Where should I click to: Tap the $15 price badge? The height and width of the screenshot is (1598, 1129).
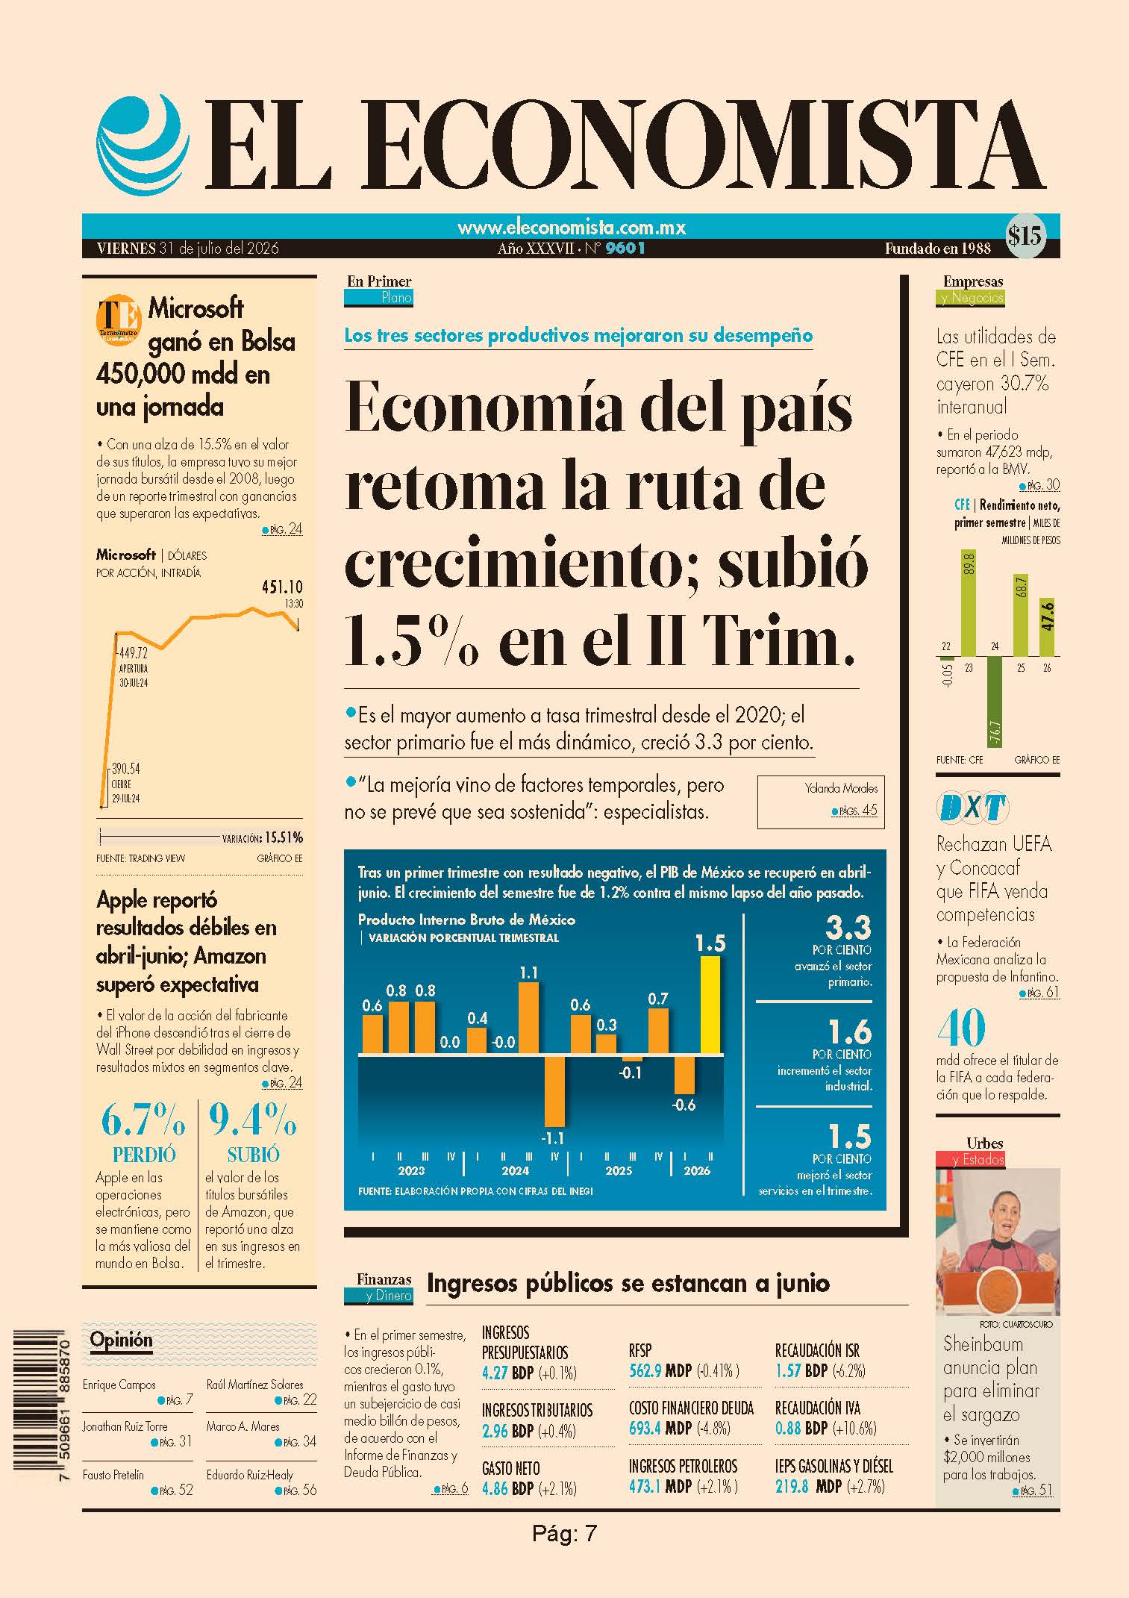tap(1025, 237)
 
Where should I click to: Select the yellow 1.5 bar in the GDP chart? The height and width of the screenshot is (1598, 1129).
tap(710, 1005)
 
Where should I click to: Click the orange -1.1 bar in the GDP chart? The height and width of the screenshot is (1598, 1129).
tap(554, 1090)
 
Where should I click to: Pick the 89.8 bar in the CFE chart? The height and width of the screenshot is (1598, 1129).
tap(968, 603)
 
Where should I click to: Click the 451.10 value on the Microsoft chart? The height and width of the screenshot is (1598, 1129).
tap(282, 587)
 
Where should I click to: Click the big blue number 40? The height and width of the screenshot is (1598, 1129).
tap(961, 1029)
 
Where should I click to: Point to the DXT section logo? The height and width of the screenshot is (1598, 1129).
tap(972, 808)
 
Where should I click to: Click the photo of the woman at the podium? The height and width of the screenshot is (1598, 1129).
tap(998, 1241)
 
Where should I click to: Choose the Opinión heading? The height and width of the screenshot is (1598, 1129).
tap(121, 1340)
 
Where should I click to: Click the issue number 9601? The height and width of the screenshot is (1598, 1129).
tap(625, 249)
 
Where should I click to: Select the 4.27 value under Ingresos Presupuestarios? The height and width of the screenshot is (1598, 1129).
tap(495, 1372)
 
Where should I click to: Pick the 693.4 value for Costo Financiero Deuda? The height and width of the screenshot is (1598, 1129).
tap(645, 1428)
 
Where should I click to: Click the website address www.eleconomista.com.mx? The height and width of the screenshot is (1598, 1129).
tap(572, 227)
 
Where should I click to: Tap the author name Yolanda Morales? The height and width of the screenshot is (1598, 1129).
tap(841, 787)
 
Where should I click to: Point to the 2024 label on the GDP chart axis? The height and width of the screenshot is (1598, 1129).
tap(515, 1170)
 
